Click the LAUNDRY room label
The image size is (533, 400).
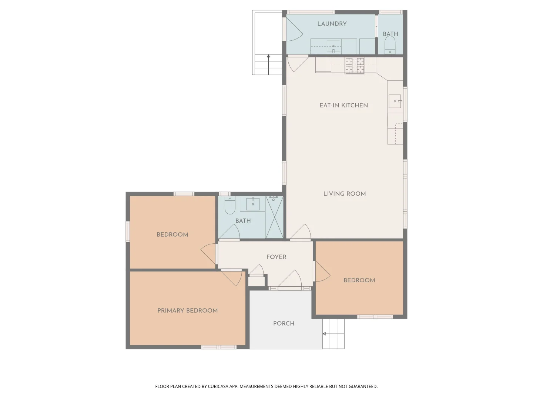click(x=332, y=24)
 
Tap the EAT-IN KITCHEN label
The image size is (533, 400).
click(x=343, y=106)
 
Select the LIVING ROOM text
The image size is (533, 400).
click(x=344, y=194)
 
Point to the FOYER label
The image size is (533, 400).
click(x=276, y=257)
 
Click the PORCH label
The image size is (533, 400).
click(x=284, y=324)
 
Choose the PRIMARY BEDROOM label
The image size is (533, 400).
click(x=187, y=311)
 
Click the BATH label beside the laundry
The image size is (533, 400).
click(x=390, y=34)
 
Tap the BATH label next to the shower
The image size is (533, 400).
click(x=243, y=221)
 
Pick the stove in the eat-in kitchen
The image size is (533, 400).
click(x=355, y=66)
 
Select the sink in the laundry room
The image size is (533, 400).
click(x=333, y=47)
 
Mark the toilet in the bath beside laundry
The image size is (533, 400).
click(x=390, y=46)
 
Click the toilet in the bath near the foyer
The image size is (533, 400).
click(x=230, y=206)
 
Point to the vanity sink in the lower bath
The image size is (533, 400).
click(x=253, y=204)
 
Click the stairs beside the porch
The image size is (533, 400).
click(x=333, y=334)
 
